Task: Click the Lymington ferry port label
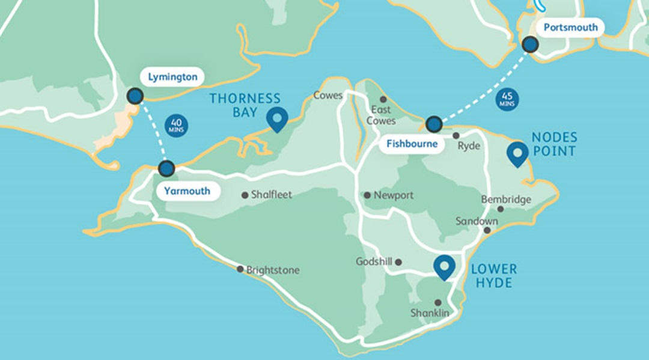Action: click(x=172, y=77)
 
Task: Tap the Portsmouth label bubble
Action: click(x=570, y=27)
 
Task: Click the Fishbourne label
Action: click(x=412, y=144)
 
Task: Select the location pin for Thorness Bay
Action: click(x=277, y=120)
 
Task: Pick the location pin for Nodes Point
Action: click(x=517, y=154)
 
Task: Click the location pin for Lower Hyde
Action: click(x=444, y=267)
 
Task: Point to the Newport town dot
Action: click(x=367, y=195)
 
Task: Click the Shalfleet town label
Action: click(x=271, y=195)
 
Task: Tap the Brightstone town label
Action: click(x=273, y=270)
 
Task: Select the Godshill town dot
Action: click(x=398, y=262)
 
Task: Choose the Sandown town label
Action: click(x=476, y=221)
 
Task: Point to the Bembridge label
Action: click(x=506, y=200)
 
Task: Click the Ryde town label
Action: click(x=469, y=146)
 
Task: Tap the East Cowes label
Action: click(x=381, y=115)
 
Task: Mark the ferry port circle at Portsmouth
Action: click(x=530, y=44)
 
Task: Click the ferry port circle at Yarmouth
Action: click(x=166, y=168)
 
